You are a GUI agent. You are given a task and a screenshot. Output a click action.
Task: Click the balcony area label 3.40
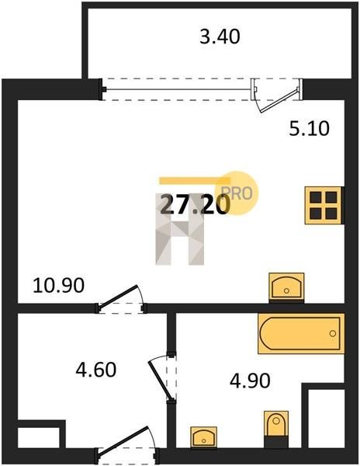pos(220,37)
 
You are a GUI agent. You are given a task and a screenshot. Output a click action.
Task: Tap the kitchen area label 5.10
pos(310,129)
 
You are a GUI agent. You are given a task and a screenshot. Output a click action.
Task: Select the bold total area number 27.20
pos(196,205)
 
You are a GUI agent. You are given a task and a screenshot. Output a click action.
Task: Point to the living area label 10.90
pos(58,285)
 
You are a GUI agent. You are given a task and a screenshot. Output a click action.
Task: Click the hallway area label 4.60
pos(96,370)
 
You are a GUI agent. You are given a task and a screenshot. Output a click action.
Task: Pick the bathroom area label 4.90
pos(250,381)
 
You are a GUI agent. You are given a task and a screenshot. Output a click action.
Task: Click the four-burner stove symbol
pos(324,205)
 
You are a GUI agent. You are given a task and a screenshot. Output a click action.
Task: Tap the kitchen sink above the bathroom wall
pos(286,287)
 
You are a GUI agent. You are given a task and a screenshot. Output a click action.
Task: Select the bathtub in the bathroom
pos(301,333)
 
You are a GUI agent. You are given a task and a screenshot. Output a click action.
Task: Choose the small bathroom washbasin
pos(203,437)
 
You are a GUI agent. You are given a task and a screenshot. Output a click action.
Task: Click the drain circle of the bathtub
pos(333,333)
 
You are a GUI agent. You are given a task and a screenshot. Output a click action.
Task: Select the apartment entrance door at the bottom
pos(123,440)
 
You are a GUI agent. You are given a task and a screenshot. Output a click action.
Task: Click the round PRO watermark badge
pos(241,193)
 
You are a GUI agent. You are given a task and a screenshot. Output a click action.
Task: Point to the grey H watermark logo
pos(180,229)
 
